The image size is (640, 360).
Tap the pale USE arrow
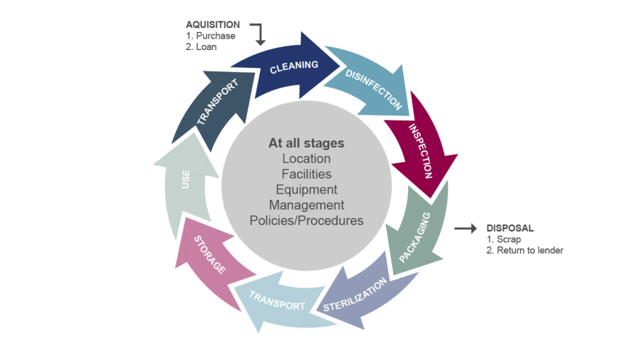click(x=186, y=182)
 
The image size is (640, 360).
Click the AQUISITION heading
click(x=212, y=25)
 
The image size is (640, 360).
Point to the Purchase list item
click(x=211, y=36)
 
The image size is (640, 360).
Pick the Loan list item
click(x=201, y=46)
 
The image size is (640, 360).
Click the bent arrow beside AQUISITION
click(x=258, y=32)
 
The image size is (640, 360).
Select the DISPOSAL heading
click(x=510, y=229)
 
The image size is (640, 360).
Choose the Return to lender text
click(x=525, y=250)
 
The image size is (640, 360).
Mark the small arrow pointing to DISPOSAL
click(x=465, y=229)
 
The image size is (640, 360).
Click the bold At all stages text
click(x=306, y=143)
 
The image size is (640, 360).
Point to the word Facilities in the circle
click(x=306, y=174)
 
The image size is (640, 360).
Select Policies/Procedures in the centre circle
click(x=306, y=220)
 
